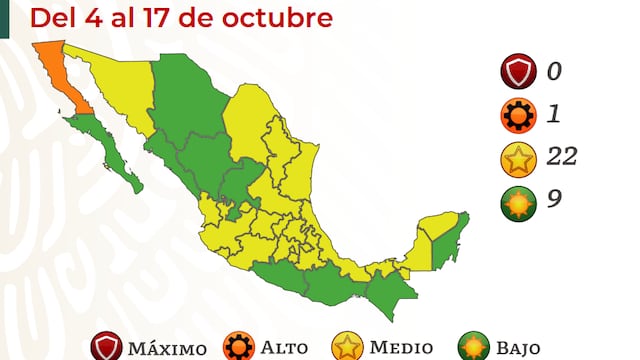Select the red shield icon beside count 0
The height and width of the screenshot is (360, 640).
point(515,73)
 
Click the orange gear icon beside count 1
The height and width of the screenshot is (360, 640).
point(515,115)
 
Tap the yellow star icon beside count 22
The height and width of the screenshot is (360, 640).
point(515,157)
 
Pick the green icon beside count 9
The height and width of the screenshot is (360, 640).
point(515,199)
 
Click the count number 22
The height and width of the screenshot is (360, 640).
point(562,156)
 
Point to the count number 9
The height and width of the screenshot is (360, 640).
point(553,198)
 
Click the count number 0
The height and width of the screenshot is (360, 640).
point(553,72)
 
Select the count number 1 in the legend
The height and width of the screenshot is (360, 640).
point(553,114)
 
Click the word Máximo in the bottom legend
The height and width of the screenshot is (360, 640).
point(167,348)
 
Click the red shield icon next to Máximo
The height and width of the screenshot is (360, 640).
point(106,346)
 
